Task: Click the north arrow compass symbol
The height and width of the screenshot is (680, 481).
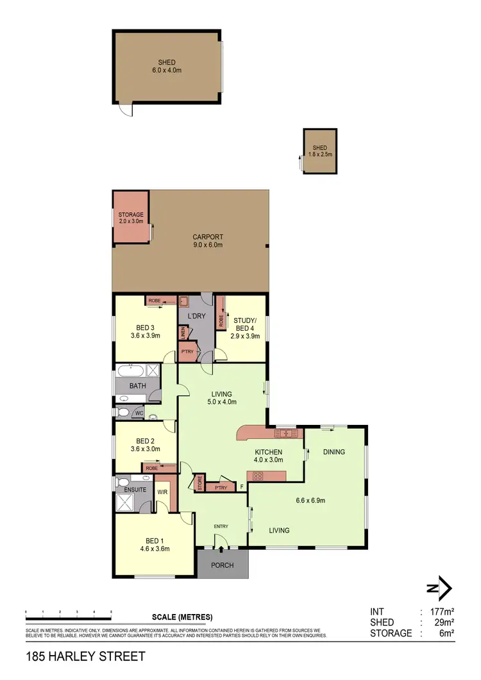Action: tap(440, 588)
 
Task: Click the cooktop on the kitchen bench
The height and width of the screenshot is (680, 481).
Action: tap(258, 476)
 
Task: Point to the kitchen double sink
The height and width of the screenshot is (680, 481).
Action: tap(285, 434)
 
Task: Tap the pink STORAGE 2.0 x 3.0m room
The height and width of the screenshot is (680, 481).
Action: tap(131, 217)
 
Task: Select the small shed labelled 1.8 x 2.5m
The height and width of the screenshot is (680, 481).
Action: tap(320, 151)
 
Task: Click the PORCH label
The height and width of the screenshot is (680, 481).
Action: tap(222, 565)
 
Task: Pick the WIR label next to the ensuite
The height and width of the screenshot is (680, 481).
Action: tap(162, 492)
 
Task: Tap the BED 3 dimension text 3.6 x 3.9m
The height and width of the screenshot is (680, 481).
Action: tap(144, 335)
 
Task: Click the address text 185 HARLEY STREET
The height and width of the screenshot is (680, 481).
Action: tap(85, 656)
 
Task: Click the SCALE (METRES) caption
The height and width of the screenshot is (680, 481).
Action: tap(182, 617)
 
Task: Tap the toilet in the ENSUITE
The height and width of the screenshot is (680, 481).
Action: tap(122, 482)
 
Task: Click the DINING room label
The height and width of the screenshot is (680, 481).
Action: tap(334, 452)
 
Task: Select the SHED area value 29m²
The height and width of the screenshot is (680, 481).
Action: tap(443, 622)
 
